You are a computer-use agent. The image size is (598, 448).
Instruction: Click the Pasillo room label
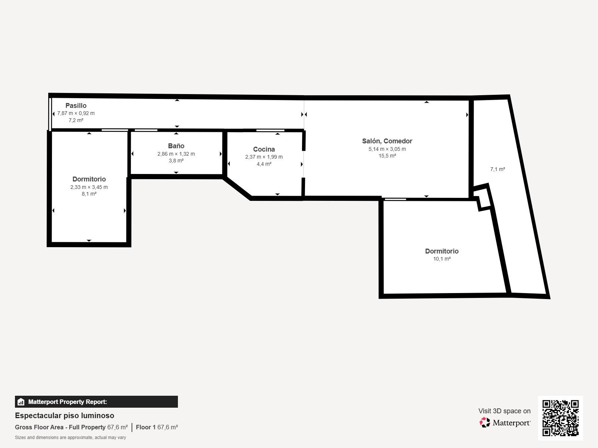(76, 106)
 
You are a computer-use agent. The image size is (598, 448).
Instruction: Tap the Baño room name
(176, 146)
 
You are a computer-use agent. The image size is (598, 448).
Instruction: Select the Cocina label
(264, 149)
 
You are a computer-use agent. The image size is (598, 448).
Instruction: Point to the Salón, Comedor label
(387, 141)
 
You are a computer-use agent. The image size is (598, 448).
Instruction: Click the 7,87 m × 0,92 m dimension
(76, 113)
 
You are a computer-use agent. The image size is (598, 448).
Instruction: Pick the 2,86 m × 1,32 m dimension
(176, 154)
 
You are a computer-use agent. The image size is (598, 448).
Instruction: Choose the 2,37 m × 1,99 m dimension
(264, 157)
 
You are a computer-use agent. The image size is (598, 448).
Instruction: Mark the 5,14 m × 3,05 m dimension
(387, 149)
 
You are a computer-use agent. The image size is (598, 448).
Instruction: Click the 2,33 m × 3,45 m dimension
(89, 187)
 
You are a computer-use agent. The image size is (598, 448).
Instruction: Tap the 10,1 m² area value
(442, 259)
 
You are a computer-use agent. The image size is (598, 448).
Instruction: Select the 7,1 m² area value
(497, 169)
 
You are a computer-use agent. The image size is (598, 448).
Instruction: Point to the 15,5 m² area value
(387, 156)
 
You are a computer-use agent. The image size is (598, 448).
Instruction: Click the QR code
(560, 418)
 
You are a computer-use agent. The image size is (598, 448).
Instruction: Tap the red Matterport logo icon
(484, 423)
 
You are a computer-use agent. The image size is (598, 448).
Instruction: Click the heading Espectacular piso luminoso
(65, 416)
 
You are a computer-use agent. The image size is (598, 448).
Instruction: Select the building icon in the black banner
(21, 402)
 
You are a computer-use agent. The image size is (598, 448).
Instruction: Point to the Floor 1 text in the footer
(145, 427)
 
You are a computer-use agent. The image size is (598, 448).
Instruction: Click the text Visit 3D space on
(504, 411)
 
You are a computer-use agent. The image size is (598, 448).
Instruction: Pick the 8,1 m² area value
(89, 194)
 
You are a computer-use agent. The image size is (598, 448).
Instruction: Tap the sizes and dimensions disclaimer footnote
(70, 438)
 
